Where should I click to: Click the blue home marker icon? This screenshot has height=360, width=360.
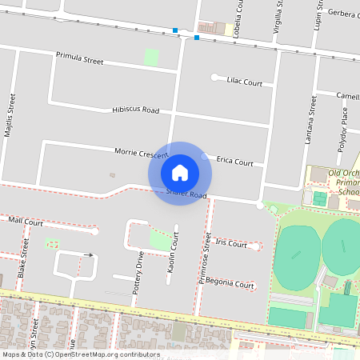(180, 173)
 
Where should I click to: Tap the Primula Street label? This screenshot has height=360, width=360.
(80, 59)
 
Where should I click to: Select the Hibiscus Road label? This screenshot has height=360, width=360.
(136, 110)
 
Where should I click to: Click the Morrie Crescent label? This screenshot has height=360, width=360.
(118, 152)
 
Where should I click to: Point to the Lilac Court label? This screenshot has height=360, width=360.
(245, 82)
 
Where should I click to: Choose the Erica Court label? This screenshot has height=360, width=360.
(235, 162)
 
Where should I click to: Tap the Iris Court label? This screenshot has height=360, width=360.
(231, 244)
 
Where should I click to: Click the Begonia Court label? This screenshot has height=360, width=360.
(230, 285)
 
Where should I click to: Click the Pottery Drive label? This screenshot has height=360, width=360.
(140, 270)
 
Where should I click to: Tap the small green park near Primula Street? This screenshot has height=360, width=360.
(150, 58)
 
